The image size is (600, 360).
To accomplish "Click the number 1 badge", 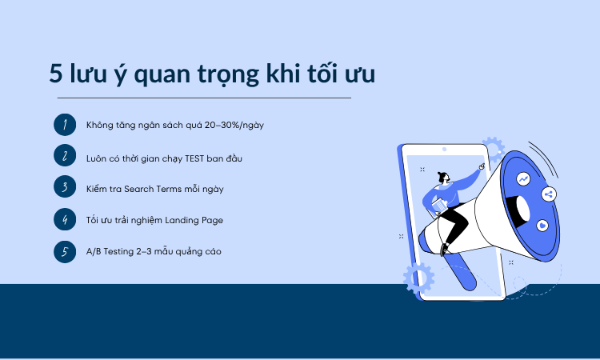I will [64, 125].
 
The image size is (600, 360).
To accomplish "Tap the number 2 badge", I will [64, 156].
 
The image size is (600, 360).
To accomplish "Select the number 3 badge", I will [64, 188].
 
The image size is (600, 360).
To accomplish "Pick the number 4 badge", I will [64, 219].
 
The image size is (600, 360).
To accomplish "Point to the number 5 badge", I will [64, 251].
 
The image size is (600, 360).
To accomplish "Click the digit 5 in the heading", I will [56, 74].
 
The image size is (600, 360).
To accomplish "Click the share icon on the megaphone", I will [549, 194].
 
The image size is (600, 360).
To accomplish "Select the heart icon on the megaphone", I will [542, 226].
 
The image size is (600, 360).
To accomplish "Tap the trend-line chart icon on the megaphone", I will [524, 179].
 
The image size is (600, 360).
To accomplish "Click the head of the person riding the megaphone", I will [443, 178].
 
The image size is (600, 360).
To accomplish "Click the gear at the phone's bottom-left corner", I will [418, 278].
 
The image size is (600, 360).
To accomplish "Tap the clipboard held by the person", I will [438, 208].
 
